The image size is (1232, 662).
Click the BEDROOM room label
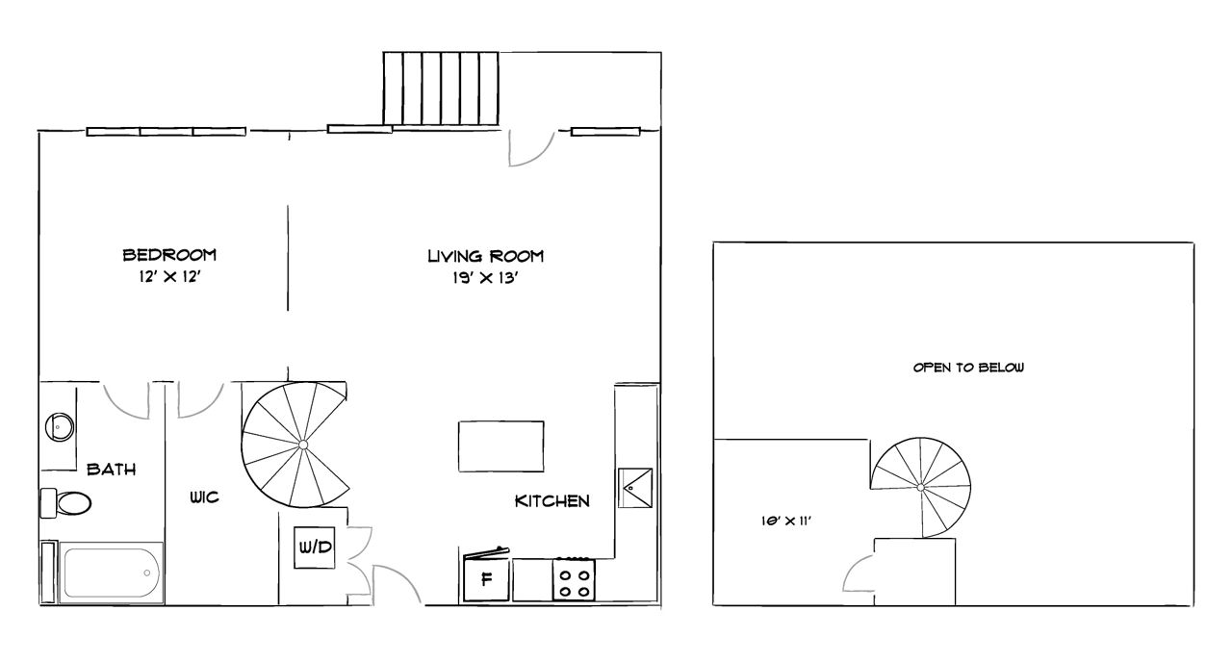tap(169, 255)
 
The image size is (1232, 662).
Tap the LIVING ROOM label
tap(486, 256)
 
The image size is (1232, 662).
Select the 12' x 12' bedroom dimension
tap(169, 278)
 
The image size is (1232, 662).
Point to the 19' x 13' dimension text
tap(486, 279)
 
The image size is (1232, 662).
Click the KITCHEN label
tap(552, 500)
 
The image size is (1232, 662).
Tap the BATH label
tap(111, 470)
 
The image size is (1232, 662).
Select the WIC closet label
tap(204, 497)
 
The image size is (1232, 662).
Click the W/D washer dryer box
tap(315, 547)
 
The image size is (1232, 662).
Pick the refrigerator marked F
tap(486, 579)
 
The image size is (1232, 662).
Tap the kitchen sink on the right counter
tap(635, 488)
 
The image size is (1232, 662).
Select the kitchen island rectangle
tap(500, 446)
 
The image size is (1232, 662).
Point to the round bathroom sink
tap(61, 425)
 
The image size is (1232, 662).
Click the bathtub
tap(110, 574)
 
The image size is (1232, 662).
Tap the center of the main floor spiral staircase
tap(303, 444)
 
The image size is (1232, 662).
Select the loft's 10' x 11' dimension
tap(782, 521)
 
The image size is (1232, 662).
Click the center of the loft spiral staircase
tap(921, 488)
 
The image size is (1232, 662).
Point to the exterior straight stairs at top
tap(443, 88)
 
